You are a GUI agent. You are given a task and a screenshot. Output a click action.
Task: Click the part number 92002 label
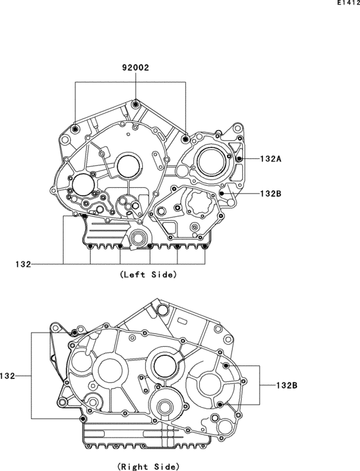pos(135,68)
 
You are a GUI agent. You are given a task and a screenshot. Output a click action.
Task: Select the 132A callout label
pos(271,158)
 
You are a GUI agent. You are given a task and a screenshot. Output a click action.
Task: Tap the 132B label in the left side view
pos(271,194)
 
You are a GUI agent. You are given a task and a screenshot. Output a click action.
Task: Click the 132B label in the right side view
pos(287,385)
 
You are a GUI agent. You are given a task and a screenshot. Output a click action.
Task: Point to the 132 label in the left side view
pos(23,264)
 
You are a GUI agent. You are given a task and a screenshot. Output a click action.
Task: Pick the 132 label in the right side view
pos(8,376)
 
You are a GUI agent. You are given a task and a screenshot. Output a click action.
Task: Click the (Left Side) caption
pos(148,275)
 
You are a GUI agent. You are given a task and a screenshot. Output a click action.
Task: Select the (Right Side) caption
pos(148,466)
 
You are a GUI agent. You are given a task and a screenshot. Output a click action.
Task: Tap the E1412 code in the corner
pos(348,3)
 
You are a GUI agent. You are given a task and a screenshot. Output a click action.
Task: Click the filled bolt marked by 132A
pos(239,158)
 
